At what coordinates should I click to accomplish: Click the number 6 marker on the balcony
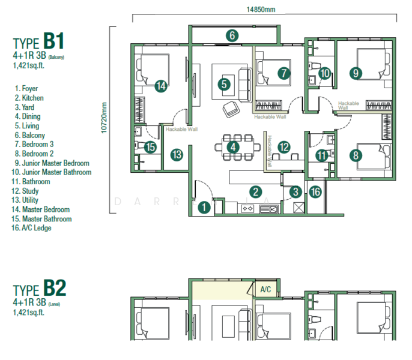click(232, 35)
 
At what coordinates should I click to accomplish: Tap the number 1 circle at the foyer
click(205, 207)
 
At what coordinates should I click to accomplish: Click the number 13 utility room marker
click(177, 155)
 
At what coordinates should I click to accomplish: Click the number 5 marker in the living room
click(224, 84)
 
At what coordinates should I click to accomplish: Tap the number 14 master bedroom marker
click(160, 86)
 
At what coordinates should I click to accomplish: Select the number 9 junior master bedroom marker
click(356, 73)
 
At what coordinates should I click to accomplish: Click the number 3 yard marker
click(295, 192)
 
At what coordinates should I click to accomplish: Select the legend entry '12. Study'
click(30, 191)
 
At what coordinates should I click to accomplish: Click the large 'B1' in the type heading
click(53, 42)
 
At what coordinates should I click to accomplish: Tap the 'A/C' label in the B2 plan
click(265, 290)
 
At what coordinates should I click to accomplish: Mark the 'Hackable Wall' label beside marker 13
click(181, 129)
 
